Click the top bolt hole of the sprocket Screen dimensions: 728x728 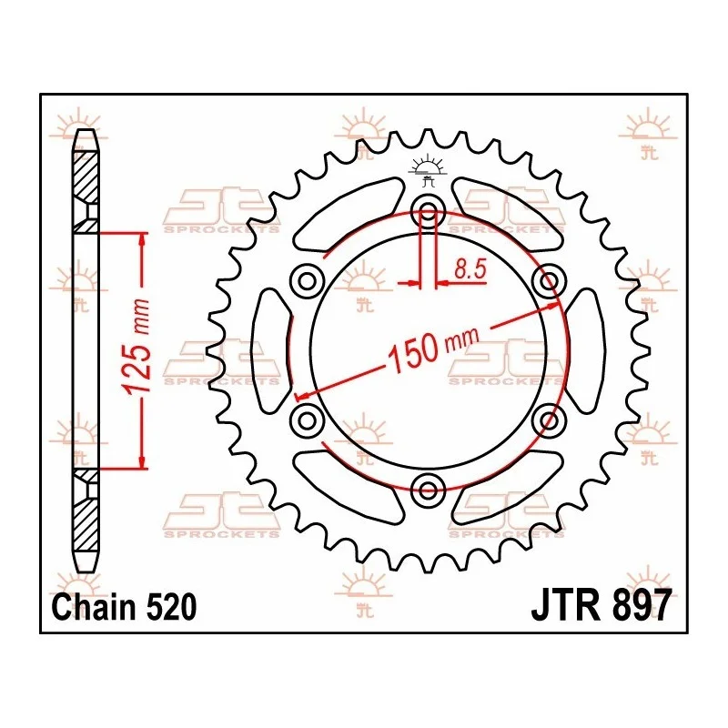click(x=429, y=214)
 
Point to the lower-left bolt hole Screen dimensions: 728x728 click(x=308, y=420)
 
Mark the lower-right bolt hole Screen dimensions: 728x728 click(x=549, y=420)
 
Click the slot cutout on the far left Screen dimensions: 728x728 click(x=269, y=350)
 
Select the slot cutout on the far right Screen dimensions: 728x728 click(x=587, y=350)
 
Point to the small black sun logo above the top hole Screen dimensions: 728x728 click(x=429, y=169)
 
